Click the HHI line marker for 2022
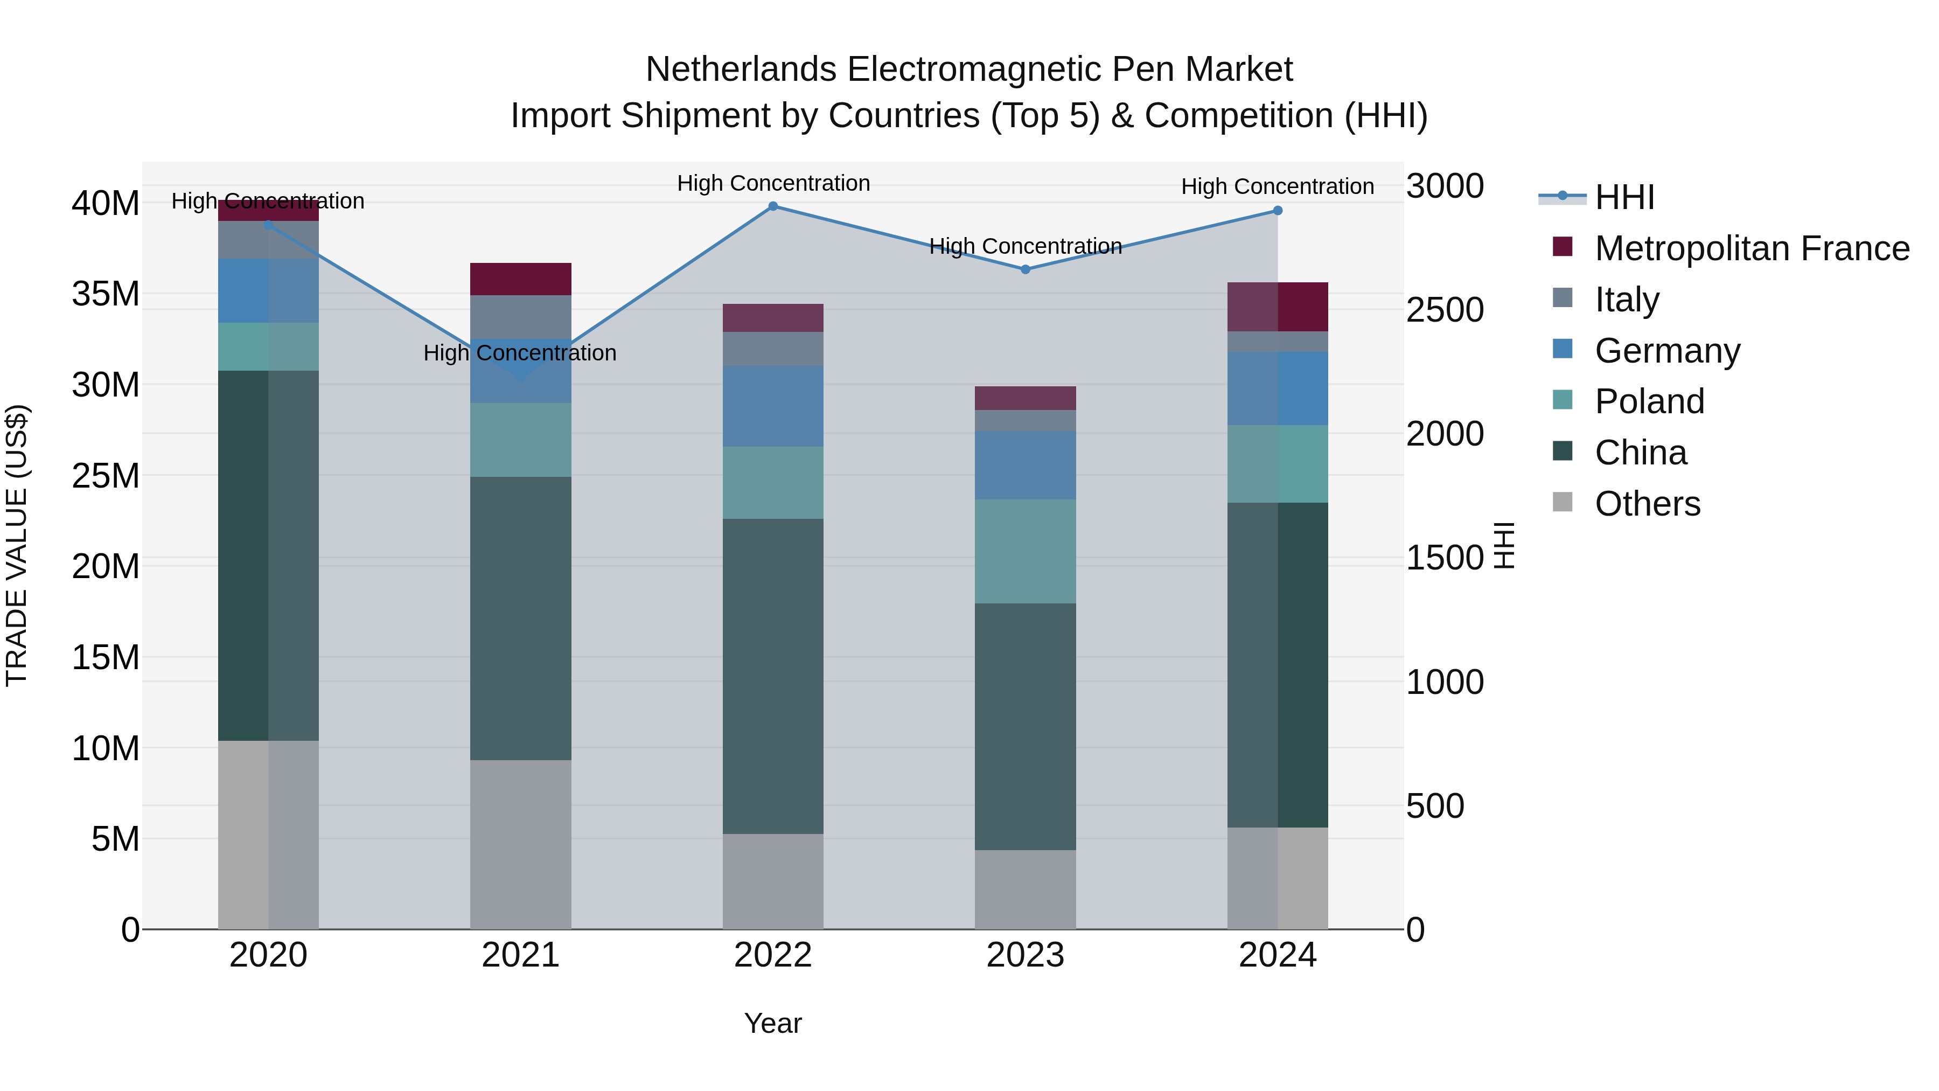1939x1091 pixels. click(773, 206)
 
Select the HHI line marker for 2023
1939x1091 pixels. click(1025, 269)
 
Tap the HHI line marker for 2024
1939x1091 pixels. click(1278, 211)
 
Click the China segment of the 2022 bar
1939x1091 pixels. click(773, 676)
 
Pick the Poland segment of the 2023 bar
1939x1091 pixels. click(1025, 551)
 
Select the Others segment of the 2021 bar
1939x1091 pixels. click(520, 844)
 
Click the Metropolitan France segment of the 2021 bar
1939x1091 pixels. click(520, 279)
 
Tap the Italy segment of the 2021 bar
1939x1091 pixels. click(520, 316)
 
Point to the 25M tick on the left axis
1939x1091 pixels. click(106, 476)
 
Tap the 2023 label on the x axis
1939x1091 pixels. click(1025, 955)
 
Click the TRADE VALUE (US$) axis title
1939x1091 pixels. click(17, 545)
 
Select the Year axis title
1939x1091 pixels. click(773, 1023)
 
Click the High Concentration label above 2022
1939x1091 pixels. click(773, 183)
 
